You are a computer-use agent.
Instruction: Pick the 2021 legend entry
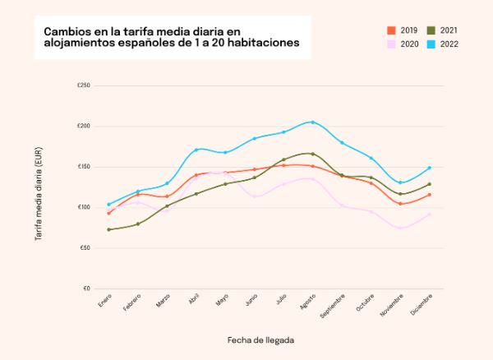[x=443, y=30]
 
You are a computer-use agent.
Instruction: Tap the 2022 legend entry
[x=443, y=44]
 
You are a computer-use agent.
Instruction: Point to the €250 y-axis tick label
[x=83, y=85]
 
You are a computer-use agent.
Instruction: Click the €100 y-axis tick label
[x=83, y=207]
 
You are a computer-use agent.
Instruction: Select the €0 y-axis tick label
[x=85, y=288]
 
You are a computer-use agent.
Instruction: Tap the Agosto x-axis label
[x=308, y=303]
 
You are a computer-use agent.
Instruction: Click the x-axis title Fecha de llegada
[x=260, y=339]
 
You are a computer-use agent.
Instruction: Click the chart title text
[x=171, y=36]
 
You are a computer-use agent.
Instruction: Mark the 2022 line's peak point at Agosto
[x=312, y=122]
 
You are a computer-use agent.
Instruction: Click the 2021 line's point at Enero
[x=109, y=229]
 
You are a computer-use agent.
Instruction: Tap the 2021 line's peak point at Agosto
[x=312, y=154]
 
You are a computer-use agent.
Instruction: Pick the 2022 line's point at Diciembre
[x=429, y=168]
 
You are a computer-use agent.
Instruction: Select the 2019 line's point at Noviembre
[x=400, y=204]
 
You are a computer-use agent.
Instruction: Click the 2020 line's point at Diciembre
[x=429, y=215]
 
